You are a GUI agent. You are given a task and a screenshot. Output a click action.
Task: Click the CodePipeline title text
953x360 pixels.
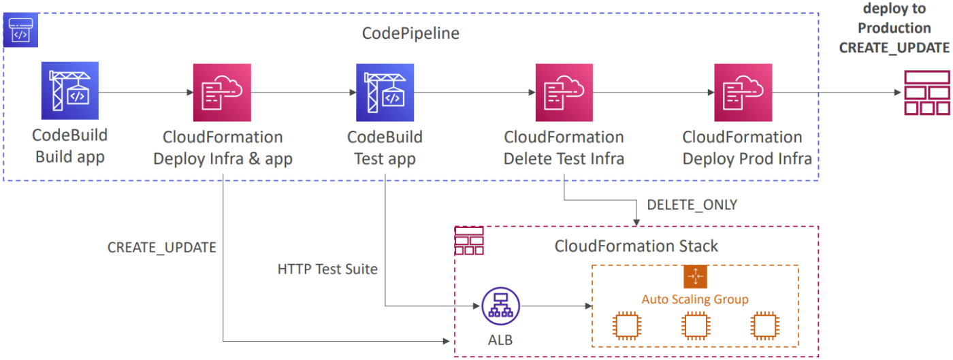click(410, 33)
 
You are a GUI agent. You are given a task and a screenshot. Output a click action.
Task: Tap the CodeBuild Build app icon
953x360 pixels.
click(69, 91)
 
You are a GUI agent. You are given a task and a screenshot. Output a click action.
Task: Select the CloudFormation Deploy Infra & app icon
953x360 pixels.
click(222, 92)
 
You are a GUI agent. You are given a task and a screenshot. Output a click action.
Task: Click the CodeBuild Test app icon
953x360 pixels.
click(385, 92)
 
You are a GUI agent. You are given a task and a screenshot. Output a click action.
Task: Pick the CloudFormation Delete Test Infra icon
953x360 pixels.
click(564, 92)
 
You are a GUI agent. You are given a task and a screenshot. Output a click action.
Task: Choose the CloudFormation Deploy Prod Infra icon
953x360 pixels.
click(743, 92)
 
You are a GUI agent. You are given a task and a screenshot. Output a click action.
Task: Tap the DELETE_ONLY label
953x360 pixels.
click(692, 204)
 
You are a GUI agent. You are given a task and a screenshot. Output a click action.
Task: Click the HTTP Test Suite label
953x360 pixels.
click(327, 269)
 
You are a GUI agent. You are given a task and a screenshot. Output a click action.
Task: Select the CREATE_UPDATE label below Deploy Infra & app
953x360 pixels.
click(161, 248)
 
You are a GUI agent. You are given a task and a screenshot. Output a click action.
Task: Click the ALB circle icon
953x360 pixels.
click(500, 306)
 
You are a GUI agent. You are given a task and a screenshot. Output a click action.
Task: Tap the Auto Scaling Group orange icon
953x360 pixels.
click(695, 276)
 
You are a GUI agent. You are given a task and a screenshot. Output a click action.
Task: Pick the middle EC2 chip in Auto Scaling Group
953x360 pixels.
click(695, 327)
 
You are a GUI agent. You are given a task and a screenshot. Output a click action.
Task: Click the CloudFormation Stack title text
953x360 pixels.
click(636, 246)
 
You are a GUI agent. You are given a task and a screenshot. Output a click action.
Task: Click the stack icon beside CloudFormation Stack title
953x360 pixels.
click(468, 241)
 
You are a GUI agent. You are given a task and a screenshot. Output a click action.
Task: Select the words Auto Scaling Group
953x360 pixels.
click(695, 299)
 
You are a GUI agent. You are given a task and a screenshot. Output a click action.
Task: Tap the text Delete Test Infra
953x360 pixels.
click(564, 159)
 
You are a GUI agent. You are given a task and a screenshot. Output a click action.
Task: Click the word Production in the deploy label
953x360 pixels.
click(894, 28)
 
